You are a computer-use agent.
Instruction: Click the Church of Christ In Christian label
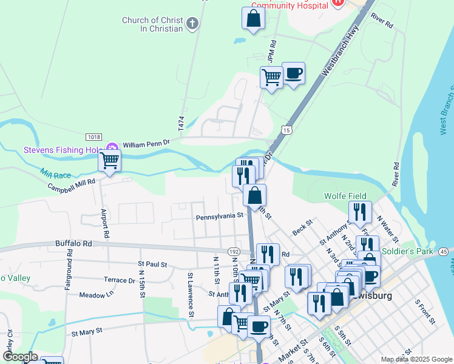coord(152,24)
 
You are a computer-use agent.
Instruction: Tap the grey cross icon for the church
coord(192,24)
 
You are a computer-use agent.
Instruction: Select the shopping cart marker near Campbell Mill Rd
coord(109,161)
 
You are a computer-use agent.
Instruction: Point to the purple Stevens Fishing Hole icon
coord(112,147)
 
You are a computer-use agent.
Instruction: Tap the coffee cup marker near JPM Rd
coord(293,73)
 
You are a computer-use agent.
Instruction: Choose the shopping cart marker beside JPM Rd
coord(271,77)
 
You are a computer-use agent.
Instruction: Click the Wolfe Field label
coord(345,197)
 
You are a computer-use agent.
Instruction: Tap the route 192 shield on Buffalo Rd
coord(234,251)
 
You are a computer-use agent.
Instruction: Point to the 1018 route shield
coord(93,137)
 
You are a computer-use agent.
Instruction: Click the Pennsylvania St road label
coord(219,216)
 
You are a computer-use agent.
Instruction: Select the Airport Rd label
coord(105,223)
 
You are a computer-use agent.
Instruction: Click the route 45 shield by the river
coord(444,251)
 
